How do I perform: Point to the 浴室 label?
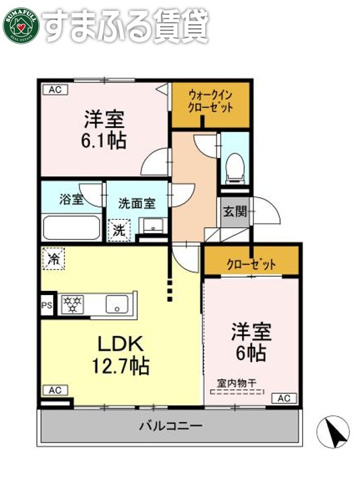point(71,199)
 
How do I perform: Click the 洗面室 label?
point(137,204)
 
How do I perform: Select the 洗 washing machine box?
point(119,230)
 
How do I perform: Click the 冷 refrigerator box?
point(54,258)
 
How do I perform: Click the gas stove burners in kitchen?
point(72,304)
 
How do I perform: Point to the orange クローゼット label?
point(251,264)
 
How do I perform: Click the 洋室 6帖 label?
point(250,341)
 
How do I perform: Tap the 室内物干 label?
point(239,383)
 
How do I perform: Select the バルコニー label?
point(171,426)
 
